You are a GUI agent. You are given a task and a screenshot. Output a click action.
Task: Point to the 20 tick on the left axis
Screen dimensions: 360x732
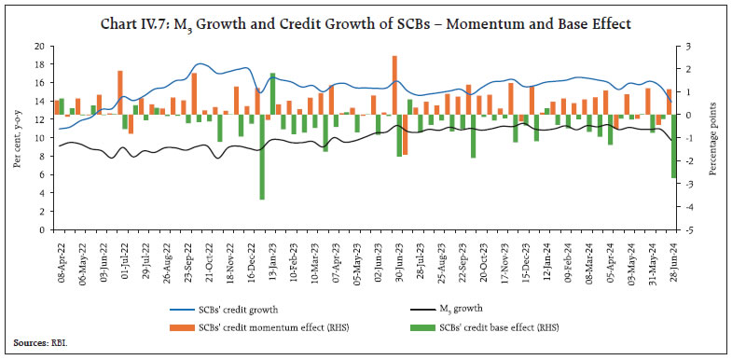tap(40, 46)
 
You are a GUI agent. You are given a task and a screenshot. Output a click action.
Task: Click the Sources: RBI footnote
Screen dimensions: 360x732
tap(36, 343)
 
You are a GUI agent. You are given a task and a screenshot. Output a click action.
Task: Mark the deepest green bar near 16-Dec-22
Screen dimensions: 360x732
tap(262, 157)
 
